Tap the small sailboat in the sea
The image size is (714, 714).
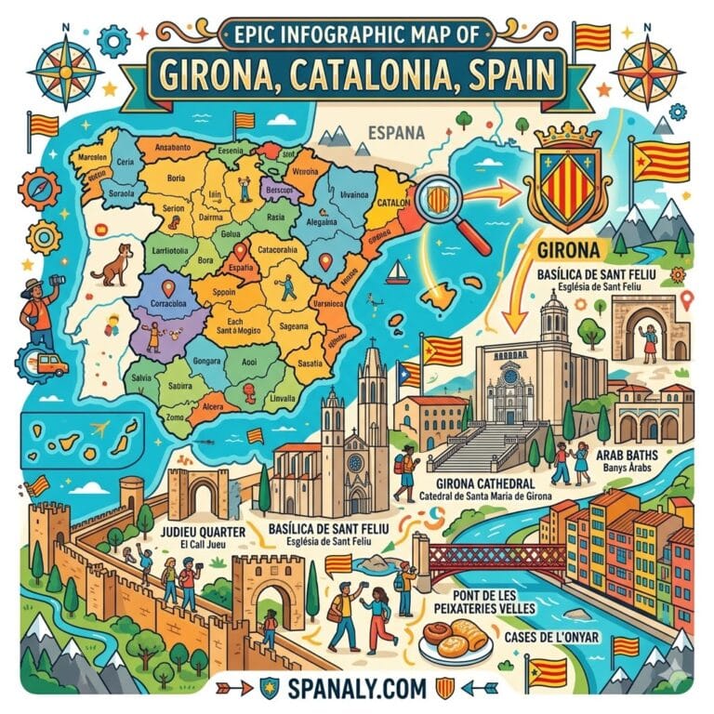pyautogui.click(x=398, y=271)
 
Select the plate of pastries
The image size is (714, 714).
pyautogui.click(x=456, y=641)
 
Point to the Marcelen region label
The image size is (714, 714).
pyautogui.click(x=79, y=155)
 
